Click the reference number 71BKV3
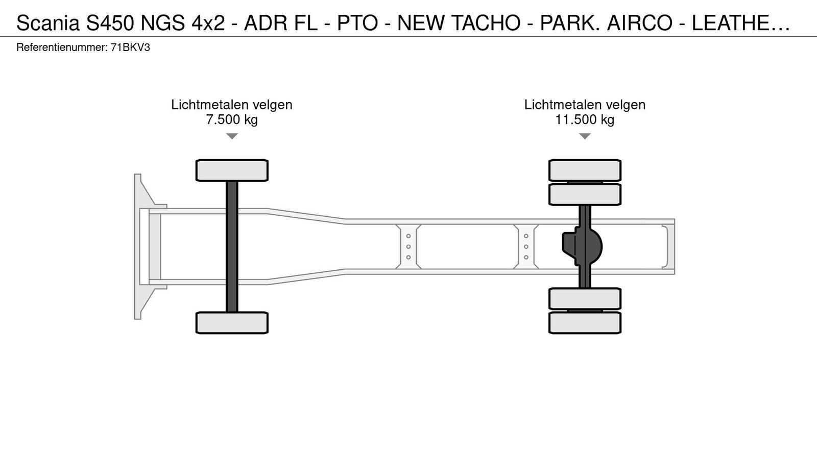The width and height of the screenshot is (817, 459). click(130, 48)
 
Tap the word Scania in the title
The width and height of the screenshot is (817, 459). click(48, 23)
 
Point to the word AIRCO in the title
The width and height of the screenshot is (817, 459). click(639, 23)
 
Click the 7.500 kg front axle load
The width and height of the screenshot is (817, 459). click(232, 119)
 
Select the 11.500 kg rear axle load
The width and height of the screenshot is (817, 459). click(585, 119)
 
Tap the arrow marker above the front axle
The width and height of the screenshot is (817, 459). click(232, 136)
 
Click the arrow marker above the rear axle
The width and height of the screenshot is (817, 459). click(585, 136)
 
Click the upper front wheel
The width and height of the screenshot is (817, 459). click(232, 170)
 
